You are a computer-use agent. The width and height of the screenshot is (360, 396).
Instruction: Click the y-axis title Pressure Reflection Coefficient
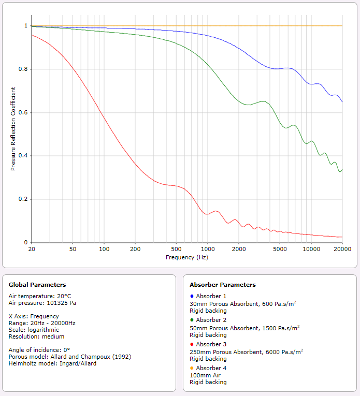click(13, 129)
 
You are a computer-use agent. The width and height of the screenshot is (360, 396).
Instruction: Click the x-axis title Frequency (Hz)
click(187, 257)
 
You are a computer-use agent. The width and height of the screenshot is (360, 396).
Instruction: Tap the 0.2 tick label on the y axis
click(23, 199)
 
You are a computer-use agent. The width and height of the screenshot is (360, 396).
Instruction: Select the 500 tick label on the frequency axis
click(176, 249)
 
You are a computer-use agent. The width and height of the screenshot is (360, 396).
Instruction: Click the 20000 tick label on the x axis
click(342, 249)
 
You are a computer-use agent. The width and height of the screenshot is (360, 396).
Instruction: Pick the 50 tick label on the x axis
click(73, 249)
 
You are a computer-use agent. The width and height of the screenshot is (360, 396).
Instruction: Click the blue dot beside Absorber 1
click(192, 296)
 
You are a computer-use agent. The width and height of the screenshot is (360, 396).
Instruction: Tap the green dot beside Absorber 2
click(192, 320)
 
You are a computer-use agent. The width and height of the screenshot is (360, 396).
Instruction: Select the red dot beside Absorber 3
click(192, 344)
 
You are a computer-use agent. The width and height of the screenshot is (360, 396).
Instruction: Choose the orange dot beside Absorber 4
click(192, 368)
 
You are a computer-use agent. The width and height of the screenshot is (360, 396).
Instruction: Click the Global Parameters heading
click(37, 285)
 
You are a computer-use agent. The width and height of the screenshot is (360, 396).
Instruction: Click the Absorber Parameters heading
click(223, 285)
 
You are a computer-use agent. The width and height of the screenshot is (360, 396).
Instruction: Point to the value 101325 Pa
click(62, 303)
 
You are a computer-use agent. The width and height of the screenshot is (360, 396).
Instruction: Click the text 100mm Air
click(205, 375)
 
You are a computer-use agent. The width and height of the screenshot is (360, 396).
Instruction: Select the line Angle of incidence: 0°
click(39, 350)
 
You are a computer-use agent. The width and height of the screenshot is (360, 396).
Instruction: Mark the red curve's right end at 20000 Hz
click(342, 237)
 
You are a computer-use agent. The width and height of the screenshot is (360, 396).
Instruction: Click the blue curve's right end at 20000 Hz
click(342, 102)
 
